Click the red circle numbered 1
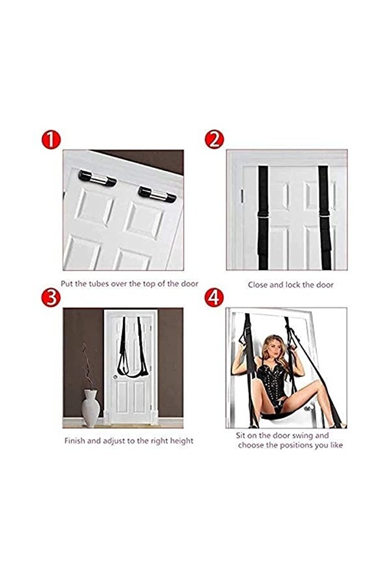pos(51,139)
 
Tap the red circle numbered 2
pos(214,139)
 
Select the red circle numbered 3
pos(51,297)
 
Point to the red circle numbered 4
pos(214,297)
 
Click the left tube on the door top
pos(97,179)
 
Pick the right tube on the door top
pos(157,194)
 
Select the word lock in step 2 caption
pos(292,285)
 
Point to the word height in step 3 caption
pos(182,442)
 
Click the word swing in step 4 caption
pos(302,436)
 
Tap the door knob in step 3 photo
pos(115,377)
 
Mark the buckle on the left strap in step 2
pos(263,219)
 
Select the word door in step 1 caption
pos(189,284)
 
